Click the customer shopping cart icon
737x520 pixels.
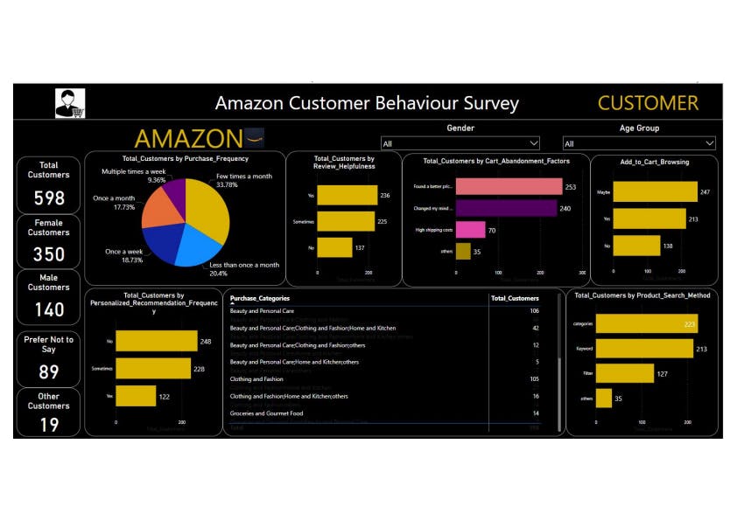pyautogui.click(x=70, y=103)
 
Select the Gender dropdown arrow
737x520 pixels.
pyautogui.click(x=533, y=143)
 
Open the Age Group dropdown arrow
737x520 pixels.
pyautogui.click(x=709, y=143)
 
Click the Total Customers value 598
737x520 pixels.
pyautogui.click(x=49, y=198)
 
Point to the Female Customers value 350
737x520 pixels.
pyautogui.click(x=49, y=253)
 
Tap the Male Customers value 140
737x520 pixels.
pyautogui.click(x=49, y=309)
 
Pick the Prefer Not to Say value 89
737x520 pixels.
pyautogui.click(x=49, y=371)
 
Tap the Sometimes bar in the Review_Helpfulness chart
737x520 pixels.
pyautogui.click(x=345, y=222)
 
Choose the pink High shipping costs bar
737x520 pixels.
pyautogui.click(x=470, y=230)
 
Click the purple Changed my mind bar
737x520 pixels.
pyautogui.click(x=506, y=208)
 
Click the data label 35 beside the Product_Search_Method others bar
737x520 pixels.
pyautogui.click(x=619, y=399)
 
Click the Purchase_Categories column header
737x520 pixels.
pyautogui.click(x=263, y=298)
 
